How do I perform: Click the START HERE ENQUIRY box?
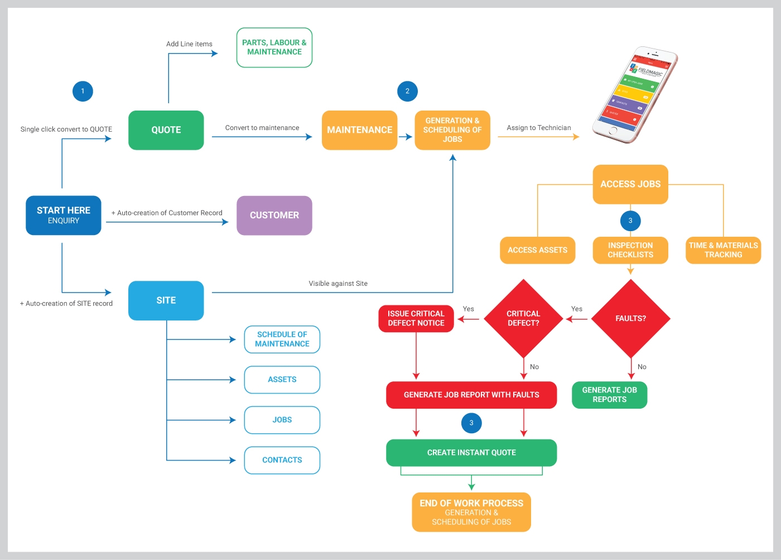[x=64, y=215]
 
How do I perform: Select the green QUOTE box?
[x=166, y=130]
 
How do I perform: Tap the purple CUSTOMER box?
[x=274, y=215]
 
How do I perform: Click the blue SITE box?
[x=166, y=300]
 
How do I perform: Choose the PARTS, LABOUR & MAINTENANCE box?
[x=274, y=47]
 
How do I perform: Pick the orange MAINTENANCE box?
[x=359, y=130]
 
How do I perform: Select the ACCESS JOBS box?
[x=630, y=184]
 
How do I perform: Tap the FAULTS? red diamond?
[x=630, y=318]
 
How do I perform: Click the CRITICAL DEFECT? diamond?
[x=523, y=318]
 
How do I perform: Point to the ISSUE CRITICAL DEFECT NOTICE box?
[x=416, y=318]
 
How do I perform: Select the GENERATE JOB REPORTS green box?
[x=609, y=395]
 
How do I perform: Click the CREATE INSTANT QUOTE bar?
[x=471, y=452]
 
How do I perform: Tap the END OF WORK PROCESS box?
[x=471, y=512]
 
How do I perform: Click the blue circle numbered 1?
[x=83, y=91]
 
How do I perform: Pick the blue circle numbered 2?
[x=407, y=91]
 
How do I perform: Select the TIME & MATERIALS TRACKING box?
[x=723, y=250]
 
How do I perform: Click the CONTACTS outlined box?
[x=282, y=460]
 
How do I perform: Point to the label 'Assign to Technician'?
[x=538, y=128]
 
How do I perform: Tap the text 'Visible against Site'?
[x=338, y=284]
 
